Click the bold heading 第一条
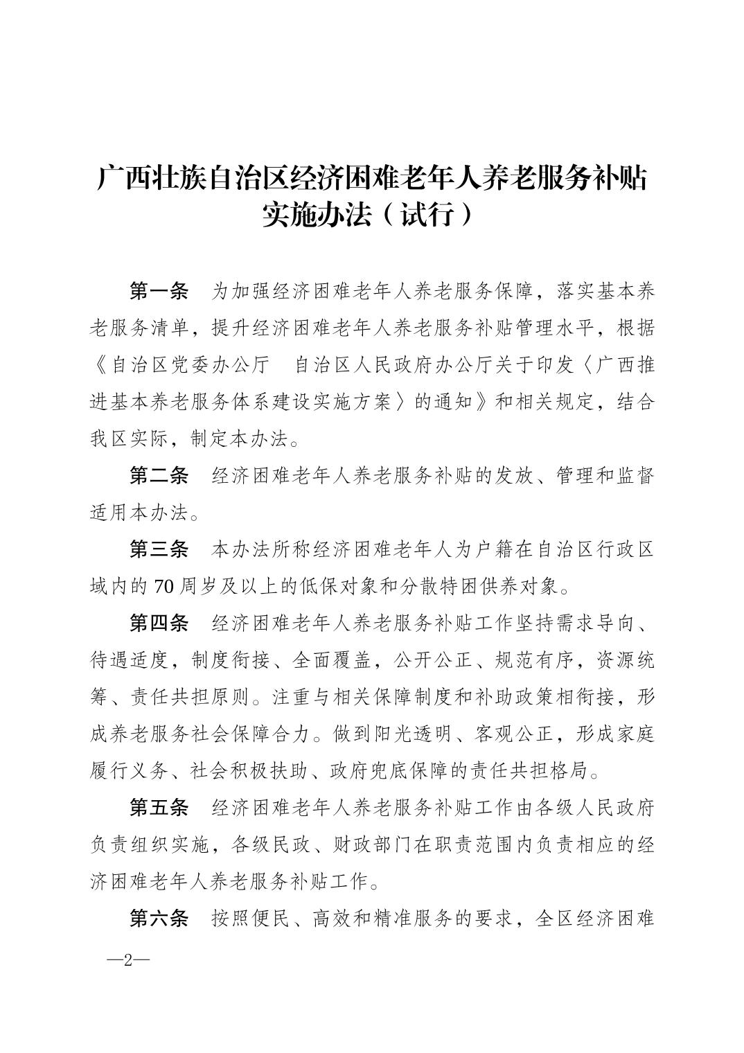(159, 292)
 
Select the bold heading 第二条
(159, 476)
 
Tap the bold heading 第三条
(159, 550)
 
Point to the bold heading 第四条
(159, 623)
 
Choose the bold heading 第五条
(159, 808)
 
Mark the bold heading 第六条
(159, 919)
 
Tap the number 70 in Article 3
(163, 587)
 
